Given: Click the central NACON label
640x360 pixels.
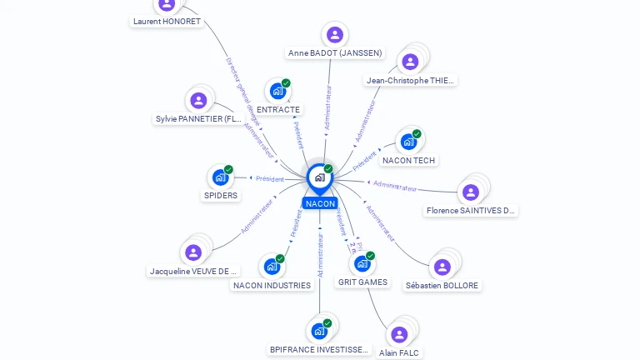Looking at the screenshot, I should click(x=320, y=203).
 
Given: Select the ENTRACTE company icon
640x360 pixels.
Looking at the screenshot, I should click(x=277, y=91).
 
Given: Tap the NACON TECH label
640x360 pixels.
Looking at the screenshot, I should click(x=408, y=160).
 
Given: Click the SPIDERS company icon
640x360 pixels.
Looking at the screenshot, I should click(x=220, y=177).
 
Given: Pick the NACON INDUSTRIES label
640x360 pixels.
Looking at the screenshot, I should click(x=272, y=285).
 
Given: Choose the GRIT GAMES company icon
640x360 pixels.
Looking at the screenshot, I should click(x=362, y=263).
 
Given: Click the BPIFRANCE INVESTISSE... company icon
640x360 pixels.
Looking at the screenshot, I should click(x=319, y=331).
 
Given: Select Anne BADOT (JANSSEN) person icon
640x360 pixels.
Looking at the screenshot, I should click(x=335, y=34).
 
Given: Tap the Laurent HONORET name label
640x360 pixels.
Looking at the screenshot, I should click(x=167, y=22).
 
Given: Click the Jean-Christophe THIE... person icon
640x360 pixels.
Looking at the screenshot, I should click(x=410, y=62).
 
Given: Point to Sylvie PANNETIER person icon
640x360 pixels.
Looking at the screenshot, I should click(x=198, y=101).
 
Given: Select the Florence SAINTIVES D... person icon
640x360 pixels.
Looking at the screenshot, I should click(x=471, y=192).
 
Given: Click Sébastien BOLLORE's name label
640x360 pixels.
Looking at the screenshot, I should click(x=442, y=285).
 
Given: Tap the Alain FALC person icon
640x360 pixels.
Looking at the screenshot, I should click(x=399, y=334).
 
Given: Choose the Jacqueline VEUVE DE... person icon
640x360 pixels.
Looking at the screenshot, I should click(x=193, y=252).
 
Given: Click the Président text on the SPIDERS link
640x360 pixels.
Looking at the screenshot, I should click(x=270, y=179).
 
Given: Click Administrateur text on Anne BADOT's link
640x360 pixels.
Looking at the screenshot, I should click(x=328, y=107).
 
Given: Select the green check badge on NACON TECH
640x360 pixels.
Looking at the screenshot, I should click(x=417, y=134).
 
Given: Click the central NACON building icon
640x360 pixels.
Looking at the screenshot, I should click(x=319, y=177).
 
